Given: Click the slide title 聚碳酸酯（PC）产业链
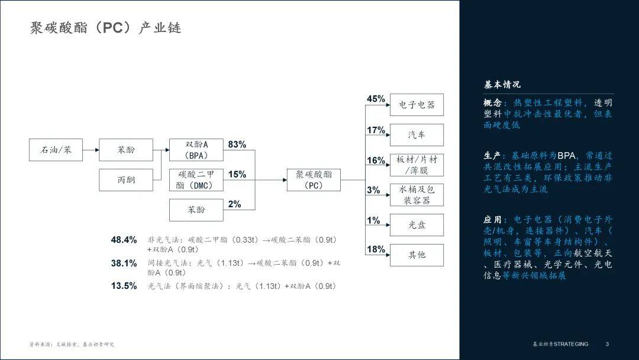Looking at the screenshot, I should click(105, 28).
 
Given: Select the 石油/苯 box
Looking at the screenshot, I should click(56, 150).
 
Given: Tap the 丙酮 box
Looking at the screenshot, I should click(125, 179).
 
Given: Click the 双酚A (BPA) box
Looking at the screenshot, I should click(196, 150).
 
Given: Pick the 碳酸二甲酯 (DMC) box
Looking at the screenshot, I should click(196, 179).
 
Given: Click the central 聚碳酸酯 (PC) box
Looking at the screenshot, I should click(314, 179).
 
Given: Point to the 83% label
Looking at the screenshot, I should click(237, 144).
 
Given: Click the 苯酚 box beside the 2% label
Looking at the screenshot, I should click(196, 210).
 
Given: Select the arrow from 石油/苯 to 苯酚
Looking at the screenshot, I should click(91, 150).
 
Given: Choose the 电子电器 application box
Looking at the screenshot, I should click(417, 105).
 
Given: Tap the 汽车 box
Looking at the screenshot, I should click(417, 135).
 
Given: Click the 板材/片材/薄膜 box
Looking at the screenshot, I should click(417, 165).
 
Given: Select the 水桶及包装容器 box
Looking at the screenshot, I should click(417, 195).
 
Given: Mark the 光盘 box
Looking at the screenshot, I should click(417, 225).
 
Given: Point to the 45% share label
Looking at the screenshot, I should click(376, 99).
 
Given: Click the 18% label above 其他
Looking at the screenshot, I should click(376, 249).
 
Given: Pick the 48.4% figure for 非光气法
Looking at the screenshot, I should click(124, 240).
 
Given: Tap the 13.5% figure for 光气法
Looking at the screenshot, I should click(124, 286).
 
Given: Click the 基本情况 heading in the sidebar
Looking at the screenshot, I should click(502, 85).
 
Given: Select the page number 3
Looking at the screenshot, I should click(607, 344).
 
